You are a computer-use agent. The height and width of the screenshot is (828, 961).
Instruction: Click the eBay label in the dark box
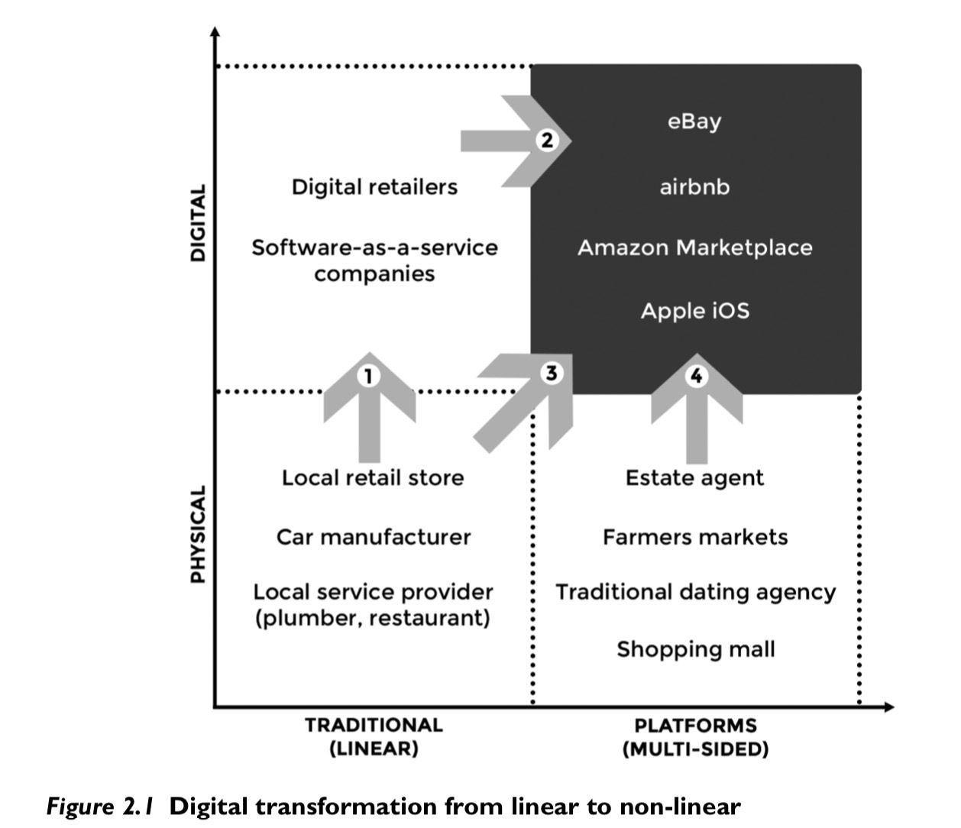tap(694, 122)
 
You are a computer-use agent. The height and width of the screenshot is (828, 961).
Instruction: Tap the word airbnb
tap(694, 187)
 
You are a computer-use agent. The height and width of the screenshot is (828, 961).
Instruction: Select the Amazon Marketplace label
tap(694, 248)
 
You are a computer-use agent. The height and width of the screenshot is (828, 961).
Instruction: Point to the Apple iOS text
tap(694, 311)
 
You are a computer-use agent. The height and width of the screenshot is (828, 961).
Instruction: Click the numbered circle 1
tap(369, 376)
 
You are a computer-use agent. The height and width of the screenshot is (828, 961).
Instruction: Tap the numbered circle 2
tap(548, 141)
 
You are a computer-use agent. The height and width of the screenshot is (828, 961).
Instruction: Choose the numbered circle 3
tap(552, 373)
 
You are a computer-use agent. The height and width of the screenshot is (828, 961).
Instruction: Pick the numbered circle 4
tap(696, 376)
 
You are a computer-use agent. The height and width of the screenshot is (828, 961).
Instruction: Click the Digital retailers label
tap(374, 187)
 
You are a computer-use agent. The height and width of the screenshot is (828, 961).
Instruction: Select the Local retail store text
tap(373, 478)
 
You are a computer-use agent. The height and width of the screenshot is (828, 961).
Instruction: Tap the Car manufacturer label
tap(374, 537)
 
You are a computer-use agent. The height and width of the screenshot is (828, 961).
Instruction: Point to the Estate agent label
tap(694, 478)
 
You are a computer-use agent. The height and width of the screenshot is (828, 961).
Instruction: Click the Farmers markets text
tap(695, 537)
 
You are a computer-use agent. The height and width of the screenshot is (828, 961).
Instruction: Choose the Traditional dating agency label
tap(695, 593)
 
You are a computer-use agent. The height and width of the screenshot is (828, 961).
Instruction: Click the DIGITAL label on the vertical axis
tap(198, 223)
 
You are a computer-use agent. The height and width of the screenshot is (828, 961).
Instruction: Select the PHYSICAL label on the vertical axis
tap(198, 535)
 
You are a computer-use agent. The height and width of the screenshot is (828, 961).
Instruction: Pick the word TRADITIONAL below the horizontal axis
tap(374, 725)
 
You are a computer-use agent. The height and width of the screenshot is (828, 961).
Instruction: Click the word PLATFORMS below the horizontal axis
tap(696, 725)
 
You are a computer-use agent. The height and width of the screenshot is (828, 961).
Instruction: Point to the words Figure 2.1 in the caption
tap(101, 807)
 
